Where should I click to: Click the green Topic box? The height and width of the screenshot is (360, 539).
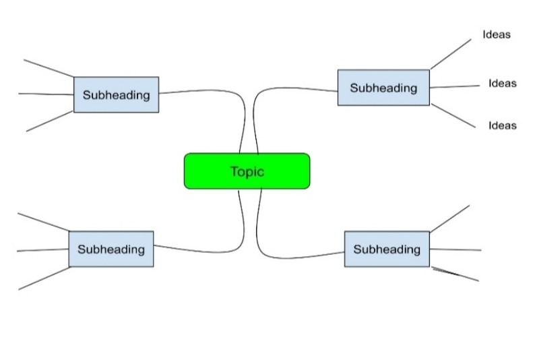click(x=247, y=171)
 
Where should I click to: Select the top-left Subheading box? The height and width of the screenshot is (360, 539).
click(x=116, y=94)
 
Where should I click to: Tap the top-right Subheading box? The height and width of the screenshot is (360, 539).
click(x=383, y=88)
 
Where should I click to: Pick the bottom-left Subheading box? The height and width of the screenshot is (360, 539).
click(x=111, y=249)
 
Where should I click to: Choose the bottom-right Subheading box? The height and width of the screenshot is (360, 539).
click(x=387, y=249)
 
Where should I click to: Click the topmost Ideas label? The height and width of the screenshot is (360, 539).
click(x=497, y=34)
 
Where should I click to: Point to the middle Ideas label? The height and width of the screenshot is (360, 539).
click(x=502, y=84)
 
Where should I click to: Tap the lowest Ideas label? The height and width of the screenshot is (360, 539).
click(x=502, y=125)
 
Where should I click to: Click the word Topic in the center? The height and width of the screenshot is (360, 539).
click(x=247, y=171)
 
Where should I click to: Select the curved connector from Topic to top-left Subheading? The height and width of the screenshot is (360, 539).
click(x=202, y=90)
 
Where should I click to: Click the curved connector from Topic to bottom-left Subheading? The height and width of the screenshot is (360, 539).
click(x=202, y=251)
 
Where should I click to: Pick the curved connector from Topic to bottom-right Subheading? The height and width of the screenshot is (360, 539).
click(x=296, y=258)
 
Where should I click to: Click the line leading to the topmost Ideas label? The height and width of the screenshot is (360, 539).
click(x=450, y=53)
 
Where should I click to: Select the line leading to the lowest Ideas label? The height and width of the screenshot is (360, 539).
click(x=453, y=115)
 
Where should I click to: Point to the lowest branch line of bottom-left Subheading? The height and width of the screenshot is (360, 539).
click(x=44, y=278)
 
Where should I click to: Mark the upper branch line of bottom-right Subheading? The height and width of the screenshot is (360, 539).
click(x=449, y=218)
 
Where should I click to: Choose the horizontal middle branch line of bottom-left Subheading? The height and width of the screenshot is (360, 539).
click(x=42, y=250)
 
